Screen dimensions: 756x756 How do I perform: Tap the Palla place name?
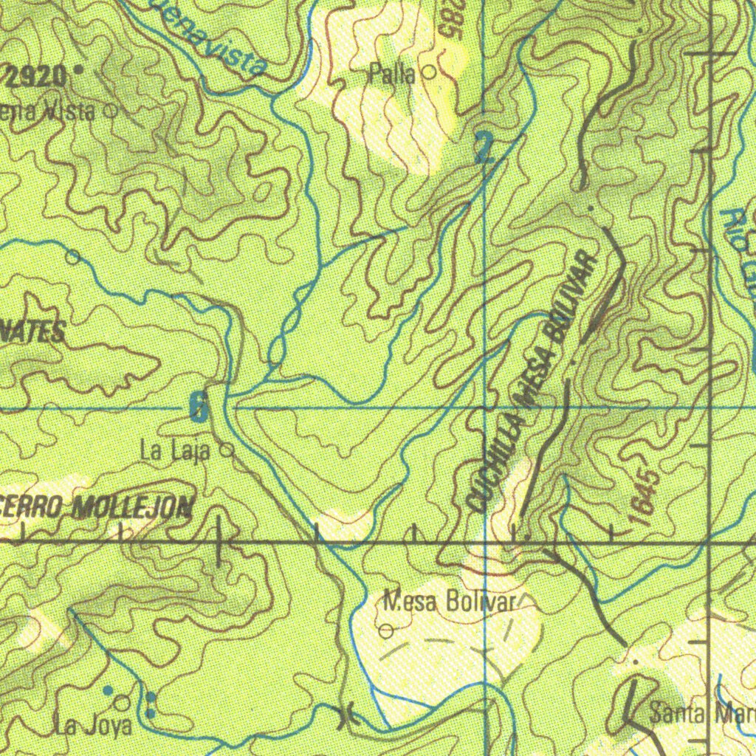394,74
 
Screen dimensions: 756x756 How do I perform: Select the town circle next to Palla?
428,72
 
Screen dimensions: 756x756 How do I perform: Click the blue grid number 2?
484,148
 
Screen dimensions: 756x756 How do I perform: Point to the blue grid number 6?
197,407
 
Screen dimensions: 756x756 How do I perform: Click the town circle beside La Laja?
227,449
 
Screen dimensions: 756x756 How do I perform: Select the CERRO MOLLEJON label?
96,507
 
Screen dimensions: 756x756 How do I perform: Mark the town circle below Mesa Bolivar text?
386,631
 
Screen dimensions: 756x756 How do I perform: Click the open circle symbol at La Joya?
122,702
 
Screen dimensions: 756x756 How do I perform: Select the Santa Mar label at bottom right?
701,714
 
